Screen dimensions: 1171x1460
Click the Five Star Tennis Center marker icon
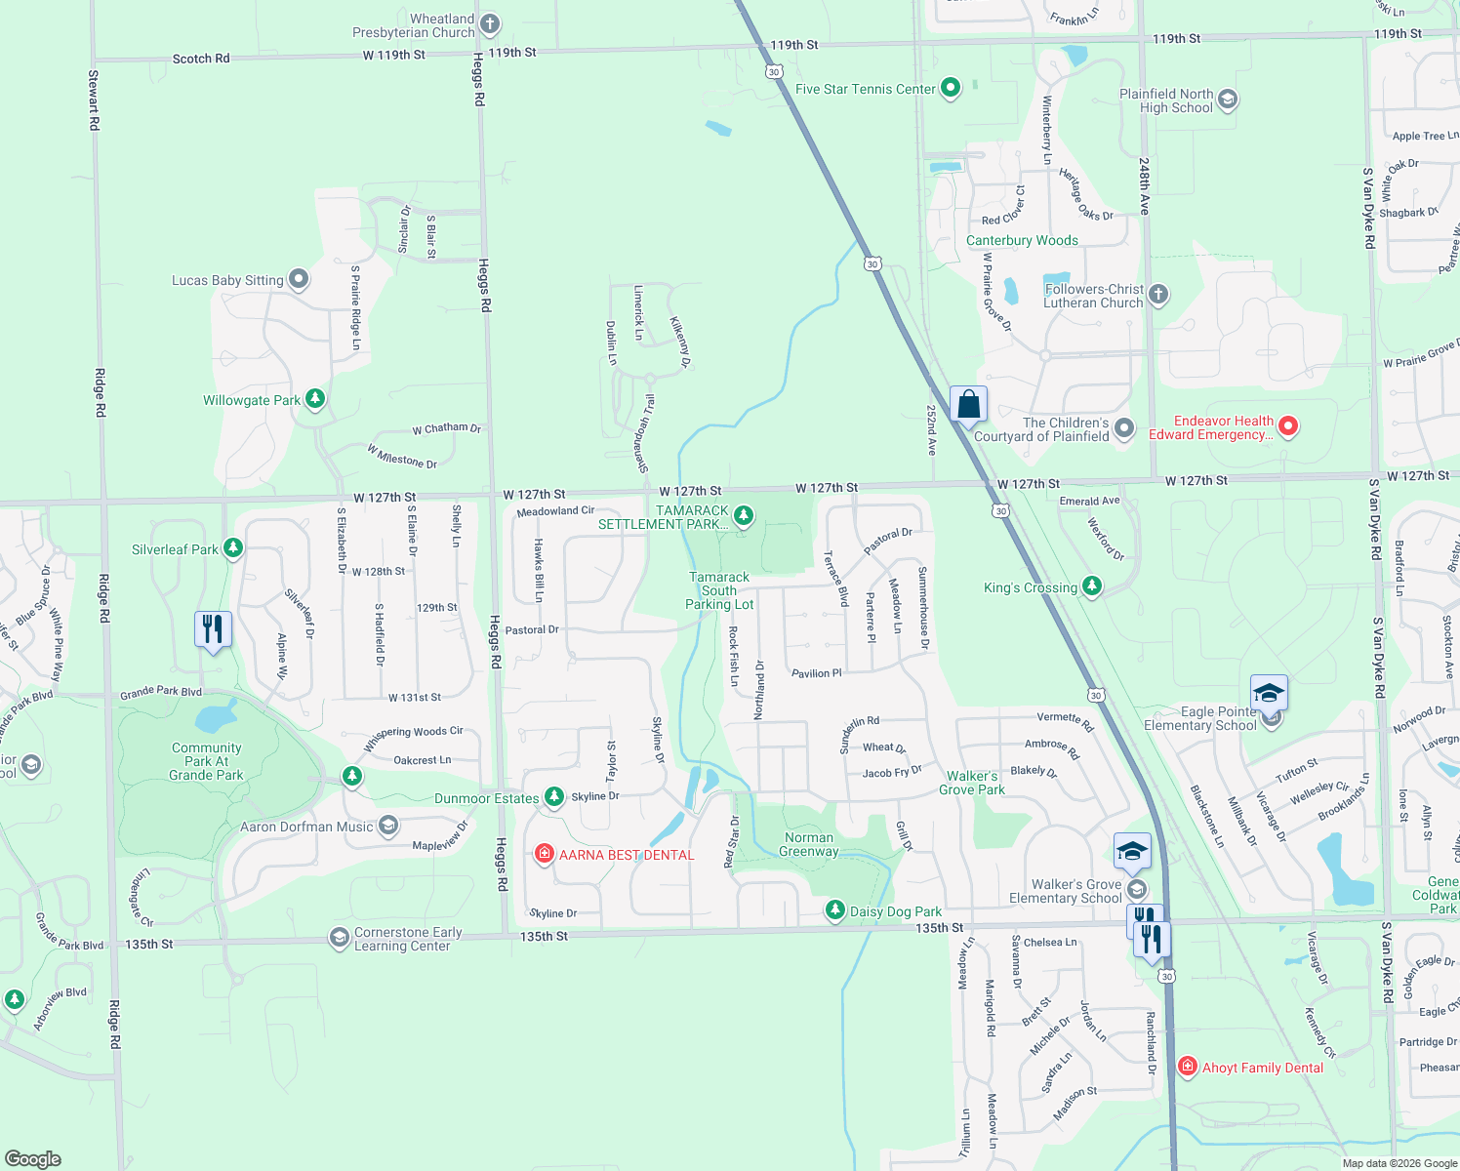pyautogui.click(x=950, y=89)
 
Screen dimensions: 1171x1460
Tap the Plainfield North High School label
pyautogui.click(x=1166, y=101)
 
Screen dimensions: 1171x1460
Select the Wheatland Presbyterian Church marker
pyautogui.click(x=490, y=23)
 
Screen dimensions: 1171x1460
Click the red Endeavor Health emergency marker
pyautogui.click(x=1288, y=426)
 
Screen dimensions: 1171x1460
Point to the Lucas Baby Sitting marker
pyautogui.click(x=299, y=280)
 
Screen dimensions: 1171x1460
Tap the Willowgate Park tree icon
pyautogui.click(x=314, y=399)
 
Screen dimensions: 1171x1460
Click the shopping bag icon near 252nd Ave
pyautogui.click(x=968, y=404)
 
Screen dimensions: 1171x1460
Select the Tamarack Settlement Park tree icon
pyautogui.click(x=744, y=515)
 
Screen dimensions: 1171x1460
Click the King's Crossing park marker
pyautogui.click(x=1092, y=586)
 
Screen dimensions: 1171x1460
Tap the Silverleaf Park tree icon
pyautogui.click(x=232, y=548)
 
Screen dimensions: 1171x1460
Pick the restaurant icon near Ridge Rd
pyautogui.click(x=213, y=628)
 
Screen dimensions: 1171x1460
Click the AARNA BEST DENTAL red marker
pyautogui.click(x=545, y=855)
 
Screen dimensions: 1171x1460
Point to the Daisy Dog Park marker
pyautogui.click(x=834, y=910)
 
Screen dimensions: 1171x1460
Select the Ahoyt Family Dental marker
pyautogui.click(x=1188, y=1067)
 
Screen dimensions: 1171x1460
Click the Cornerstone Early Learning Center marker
pyautogui.click(x=339, y=938)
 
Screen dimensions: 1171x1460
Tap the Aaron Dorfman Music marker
pyautogui.click(x=387, y=827)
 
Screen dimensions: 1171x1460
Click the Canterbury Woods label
pyautogui.click(x=1022, y=240)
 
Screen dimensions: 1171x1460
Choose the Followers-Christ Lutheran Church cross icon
pyautogui.click(x=1157, y=295)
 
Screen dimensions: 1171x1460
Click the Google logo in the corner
pyautogui.click(x=33, y=1158)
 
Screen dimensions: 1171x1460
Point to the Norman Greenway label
pyautogui.click(x=808, y=844)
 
